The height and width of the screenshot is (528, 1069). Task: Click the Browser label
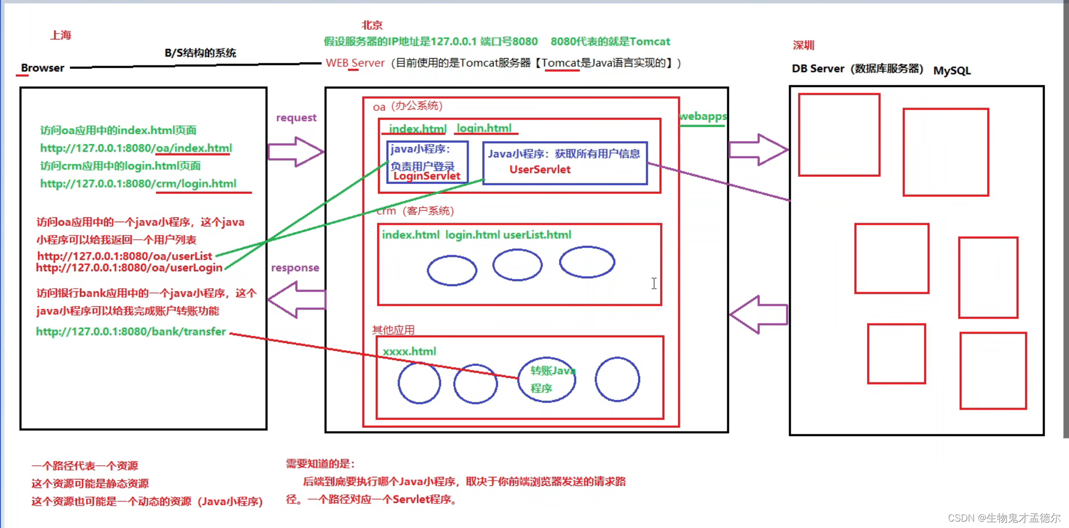tap(42, 68)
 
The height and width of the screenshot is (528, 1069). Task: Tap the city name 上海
tap(61, 35)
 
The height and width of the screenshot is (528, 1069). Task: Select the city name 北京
tap(372, 25)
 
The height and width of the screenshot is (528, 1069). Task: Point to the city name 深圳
tap(803, 45)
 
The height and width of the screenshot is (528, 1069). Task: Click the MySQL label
tap(952, 70)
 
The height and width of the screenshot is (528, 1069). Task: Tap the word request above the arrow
tap(296, 118)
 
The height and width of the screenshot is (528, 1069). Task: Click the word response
tap(295, 267)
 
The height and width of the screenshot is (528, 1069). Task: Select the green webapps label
tap(702, 116)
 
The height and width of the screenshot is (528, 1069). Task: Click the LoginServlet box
tap(427, 162)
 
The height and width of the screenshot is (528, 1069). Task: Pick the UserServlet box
tap(565, 163)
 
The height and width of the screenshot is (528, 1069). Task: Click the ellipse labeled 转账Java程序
tap(547, 379)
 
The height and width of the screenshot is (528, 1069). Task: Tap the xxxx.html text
tap(409, 352)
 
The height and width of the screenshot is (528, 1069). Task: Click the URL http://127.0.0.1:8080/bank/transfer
tap(131, 331)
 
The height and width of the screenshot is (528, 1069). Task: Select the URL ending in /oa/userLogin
tap(129, 267)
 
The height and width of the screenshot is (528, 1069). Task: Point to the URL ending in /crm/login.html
tap(138, 184)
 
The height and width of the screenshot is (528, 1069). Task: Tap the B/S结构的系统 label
tap(200, 53)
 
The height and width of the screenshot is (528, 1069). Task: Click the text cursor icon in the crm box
tap(654, 283)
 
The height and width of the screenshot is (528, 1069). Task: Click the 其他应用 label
tap(393, 330)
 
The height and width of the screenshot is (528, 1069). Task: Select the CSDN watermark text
tap(1004, 518)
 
